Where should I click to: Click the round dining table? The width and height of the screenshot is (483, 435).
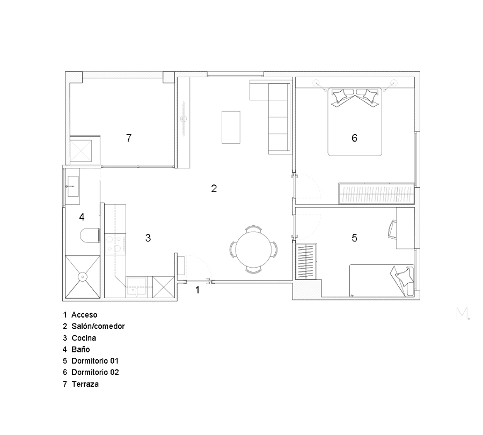pos(253,249)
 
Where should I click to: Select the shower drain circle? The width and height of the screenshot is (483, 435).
pos(83,276)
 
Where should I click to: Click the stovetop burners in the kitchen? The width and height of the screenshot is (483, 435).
pos(115,244)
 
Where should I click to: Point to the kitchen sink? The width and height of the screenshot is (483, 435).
pos(136,286)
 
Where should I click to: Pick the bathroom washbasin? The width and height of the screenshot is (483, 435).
pos(73,186)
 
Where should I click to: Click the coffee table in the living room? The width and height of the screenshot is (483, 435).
pos(231,127)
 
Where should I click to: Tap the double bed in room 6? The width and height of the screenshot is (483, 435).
pos(355,122)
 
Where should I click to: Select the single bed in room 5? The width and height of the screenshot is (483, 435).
pos(382,280)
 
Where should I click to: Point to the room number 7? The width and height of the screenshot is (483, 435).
pos(129,138)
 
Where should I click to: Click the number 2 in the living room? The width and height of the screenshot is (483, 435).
pos(214,188)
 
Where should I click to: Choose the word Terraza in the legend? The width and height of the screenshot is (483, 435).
pos(85,384)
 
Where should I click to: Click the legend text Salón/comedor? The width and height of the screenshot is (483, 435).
pos(98,326)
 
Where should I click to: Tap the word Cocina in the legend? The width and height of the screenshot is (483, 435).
pos(84,338)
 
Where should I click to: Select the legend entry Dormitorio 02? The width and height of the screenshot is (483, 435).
pos(95,372)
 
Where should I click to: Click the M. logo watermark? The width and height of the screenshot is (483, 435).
pos(463,313)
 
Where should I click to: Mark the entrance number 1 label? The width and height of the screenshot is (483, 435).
pos(197,290)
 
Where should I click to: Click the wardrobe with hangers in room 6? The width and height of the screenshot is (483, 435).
pos(376,193)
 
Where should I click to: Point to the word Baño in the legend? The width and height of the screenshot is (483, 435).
pos(80,349)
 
